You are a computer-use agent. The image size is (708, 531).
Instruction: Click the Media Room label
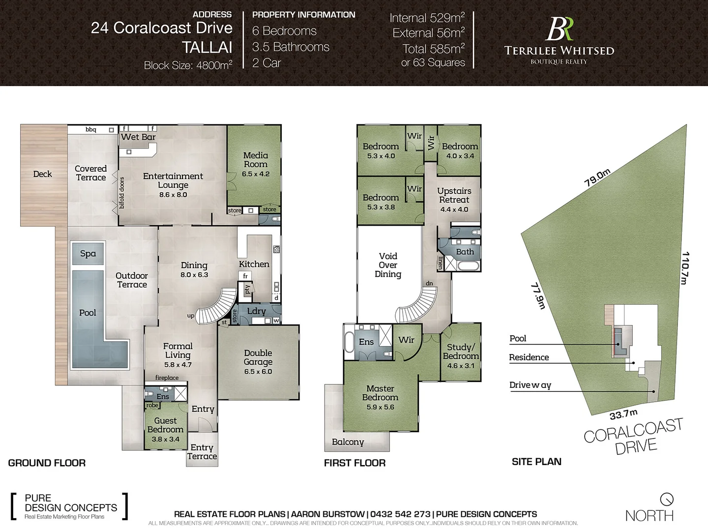(255, 160)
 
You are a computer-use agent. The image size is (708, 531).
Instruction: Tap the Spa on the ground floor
(88, 254)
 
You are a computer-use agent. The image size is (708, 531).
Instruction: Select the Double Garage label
(258, 357)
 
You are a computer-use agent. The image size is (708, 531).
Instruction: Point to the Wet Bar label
(138, 137)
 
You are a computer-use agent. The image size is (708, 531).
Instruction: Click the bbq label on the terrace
(91, 130)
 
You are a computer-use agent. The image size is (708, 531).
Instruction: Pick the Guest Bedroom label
(165, 425)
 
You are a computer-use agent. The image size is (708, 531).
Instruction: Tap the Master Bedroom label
(380, 393)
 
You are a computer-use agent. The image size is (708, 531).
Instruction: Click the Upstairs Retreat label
(454, 195)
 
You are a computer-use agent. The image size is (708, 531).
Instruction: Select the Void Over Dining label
(388, 265)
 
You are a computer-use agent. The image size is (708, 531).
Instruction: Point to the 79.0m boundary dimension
(597, 177)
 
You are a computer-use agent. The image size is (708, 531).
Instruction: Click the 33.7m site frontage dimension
(623, 414)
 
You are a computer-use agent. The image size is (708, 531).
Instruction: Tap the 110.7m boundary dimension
(684, 268)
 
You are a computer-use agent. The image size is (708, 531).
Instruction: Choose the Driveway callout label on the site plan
(530, 385)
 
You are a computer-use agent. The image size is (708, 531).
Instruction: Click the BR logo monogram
(559, 29)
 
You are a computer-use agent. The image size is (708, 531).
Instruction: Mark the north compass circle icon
(667, 499)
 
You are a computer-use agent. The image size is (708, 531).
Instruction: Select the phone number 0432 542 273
(400, 514)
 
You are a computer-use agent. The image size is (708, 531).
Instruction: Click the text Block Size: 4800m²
(188, 65)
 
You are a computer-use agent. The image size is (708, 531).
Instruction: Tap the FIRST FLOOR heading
(354, 463)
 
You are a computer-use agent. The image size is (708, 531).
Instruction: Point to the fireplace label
(167, 378)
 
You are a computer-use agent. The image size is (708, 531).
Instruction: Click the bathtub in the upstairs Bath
(467, 266)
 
